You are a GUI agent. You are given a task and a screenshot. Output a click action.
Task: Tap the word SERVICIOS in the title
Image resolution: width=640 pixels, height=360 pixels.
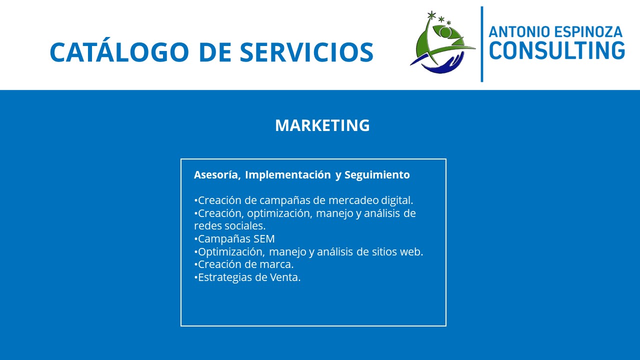pos(306,52)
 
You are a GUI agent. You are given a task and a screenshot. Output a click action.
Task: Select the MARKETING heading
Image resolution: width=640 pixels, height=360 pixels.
pos(322,125)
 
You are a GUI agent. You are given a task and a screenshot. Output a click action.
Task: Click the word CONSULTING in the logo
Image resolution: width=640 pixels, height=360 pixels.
pos(557,50)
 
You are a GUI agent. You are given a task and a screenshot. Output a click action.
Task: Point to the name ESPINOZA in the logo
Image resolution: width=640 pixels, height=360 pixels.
pos(588,31)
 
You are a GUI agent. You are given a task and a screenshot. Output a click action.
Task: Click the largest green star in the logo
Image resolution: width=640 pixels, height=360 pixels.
pos(431,15)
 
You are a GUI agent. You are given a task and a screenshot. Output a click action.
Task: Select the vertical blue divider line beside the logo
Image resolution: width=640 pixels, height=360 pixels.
pos(482,44)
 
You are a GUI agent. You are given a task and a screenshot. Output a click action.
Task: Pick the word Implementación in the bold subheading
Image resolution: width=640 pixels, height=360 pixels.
pos(287,175)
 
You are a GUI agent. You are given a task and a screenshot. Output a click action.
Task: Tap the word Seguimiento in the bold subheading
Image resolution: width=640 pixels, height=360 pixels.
pos(377,175)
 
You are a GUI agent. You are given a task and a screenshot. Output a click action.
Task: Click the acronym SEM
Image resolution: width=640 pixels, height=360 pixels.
pos(264,239)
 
